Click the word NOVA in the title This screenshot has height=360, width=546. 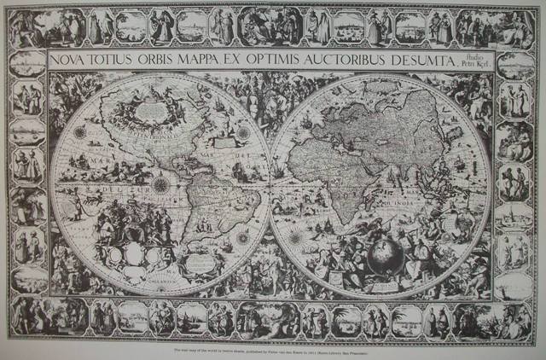point(72,61)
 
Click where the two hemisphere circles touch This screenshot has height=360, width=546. point(271,184)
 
